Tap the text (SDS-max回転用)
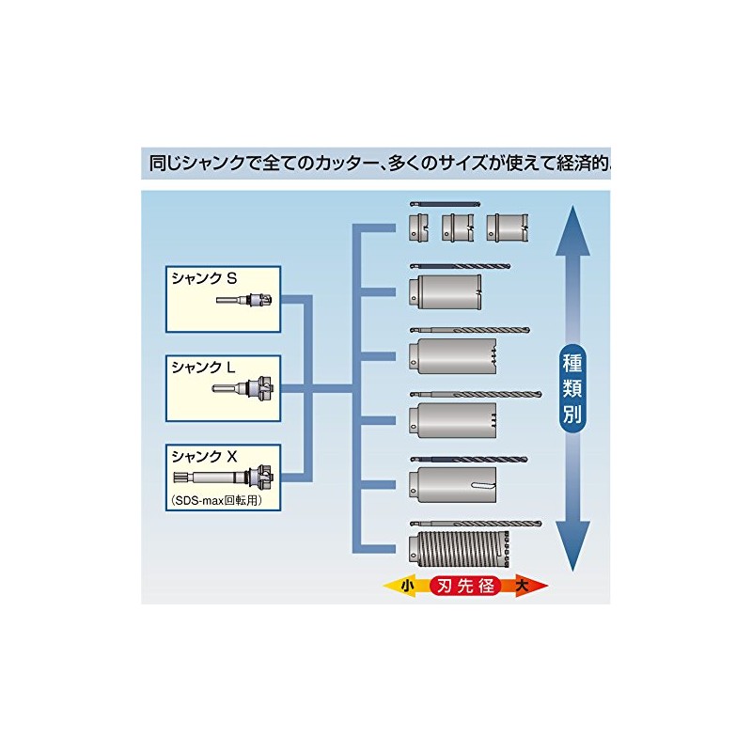pyautogui.click(x=214, y=500)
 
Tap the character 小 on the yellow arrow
pyautogui.click(x=406, y=585)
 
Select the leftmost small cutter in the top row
pyautogui.click(x=420, y=227)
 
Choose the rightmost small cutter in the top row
pyautogui.click(x=507, y=227)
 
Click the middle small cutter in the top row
pyautogui.click(x=459, y=227)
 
